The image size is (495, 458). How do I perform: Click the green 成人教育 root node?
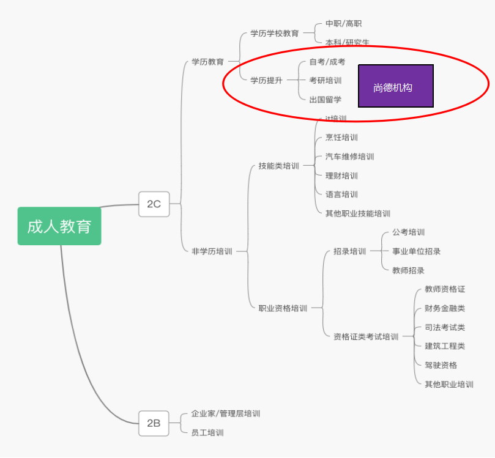click(59, 226)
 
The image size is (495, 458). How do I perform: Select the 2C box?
click(154, 204)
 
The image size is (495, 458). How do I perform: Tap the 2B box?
click(154, 423)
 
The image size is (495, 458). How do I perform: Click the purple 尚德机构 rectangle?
click(395, 86)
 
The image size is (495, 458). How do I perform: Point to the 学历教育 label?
click(207, 62)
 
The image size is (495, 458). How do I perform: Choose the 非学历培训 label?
click(212, 251)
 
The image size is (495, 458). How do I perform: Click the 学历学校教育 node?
click(274, 34)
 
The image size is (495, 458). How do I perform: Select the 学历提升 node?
click(266, 80)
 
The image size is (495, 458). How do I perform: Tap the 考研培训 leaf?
click(325, 80)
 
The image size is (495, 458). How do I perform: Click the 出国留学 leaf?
click(325, 100)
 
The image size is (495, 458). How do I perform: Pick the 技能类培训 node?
click(278, 166)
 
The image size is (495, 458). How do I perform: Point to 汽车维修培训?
click(349, 157)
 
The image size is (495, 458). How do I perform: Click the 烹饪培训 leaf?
click(341, 138)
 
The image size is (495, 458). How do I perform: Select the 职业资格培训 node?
click(283, 308)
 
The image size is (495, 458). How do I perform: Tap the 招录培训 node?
click(349, 251)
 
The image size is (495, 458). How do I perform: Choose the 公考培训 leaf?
click(408, 232)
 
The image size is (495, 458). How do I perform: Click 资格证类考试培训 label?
click(365, 337)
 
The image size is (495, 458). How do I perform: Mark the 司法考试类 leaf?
click(445, 327)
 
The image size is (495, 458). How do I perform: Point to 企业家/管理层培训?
click(225, 413)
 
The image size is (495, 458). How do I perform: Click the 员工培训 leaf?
click(207, 433)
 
